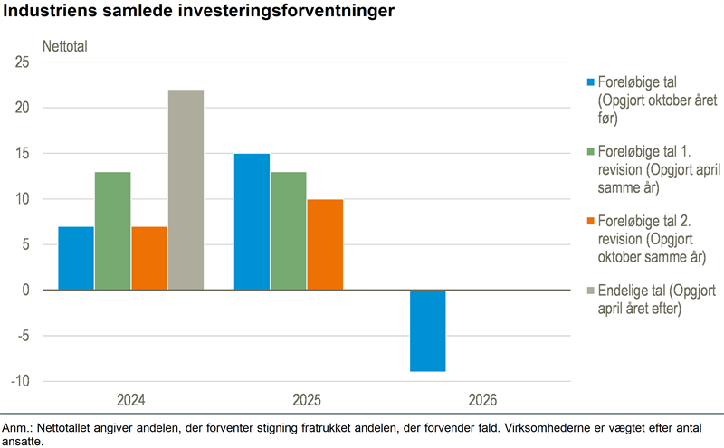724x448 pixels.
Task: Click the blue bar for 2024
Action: point(76,258)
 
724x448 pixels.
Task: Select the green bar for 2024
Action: point(112,231)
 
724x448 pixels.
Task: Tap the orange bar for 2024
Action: point(148,258)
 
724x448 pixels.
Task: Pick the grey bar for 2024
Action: point(186,190)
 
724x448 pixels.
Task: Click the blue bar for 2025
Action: point(252,222)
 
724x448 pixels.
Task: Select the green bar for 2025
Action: point(288,231)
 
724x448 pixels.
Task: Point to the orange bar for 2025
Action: point(325,244)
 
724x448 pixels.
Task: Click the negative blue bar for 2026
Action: point(427,330)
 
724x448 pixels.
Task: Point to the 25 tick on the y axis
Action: point(22,62)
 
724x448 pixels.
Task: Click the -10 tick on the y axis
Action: point(20,381)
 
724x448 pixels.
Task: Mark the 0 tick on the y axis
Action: point(26,291)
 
